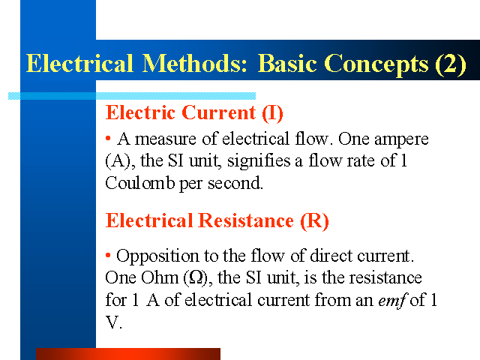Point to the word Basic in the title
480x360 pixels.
pos(287,63)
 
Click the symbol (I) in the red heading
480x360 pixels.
pos(272,113)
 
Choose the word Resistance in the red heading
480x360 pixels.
pos(246,220)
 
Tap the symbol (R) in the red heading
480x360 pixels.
pos(314,221)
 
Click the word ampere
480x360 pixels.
pos(401,140)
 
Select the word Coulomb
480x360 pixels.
pos(140,183)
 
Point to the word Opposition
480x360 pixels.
pos(157,256)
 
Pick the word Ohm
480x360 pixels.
pos(160,277)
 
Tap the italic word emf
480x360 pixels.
pos(391,300)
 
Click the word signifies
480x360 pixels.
pos(259,161)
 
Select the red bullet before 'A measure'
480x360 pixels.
pos(108,138)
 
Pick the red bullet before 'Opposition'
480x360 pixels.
pos(108,255)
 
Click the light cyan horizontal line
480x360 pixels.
pos(132,96)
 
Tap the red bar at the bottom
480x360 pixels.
pos(128,354)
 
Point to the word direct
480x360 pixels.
pos(331,255)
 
